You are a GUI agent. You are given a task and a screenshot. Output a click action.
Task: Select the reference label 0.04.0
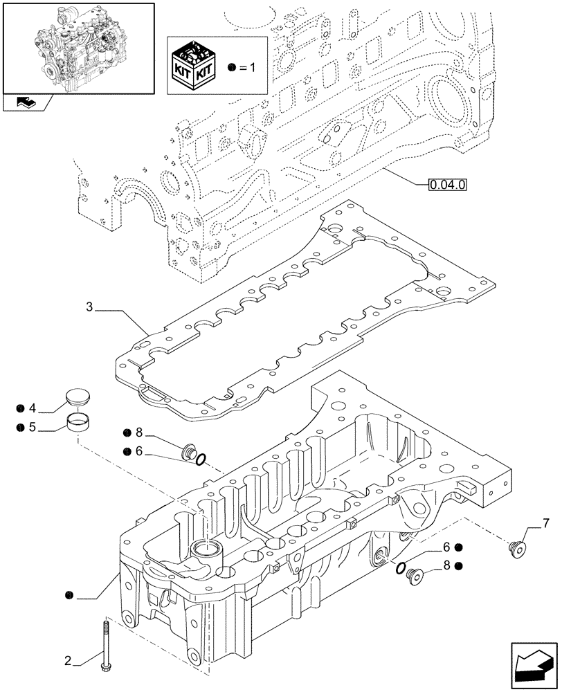point(448,185)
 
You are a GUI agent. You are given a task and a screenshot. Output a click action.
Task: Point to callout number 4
point(32,407)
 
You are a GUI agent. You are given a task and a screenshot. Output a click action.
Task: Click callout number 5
point(32,428)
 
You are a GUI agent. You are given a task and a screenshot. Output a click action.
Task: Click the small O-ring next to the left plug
point(201,459)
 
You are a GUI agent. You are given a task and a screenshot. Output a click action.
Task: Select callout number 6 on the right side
point(448,547)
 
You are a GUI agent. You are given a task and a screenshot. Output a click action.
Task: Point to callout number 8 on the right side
point(448,565)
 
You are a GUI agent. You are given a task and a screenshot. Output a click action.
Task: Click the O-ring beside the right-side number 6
point(400,567)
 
